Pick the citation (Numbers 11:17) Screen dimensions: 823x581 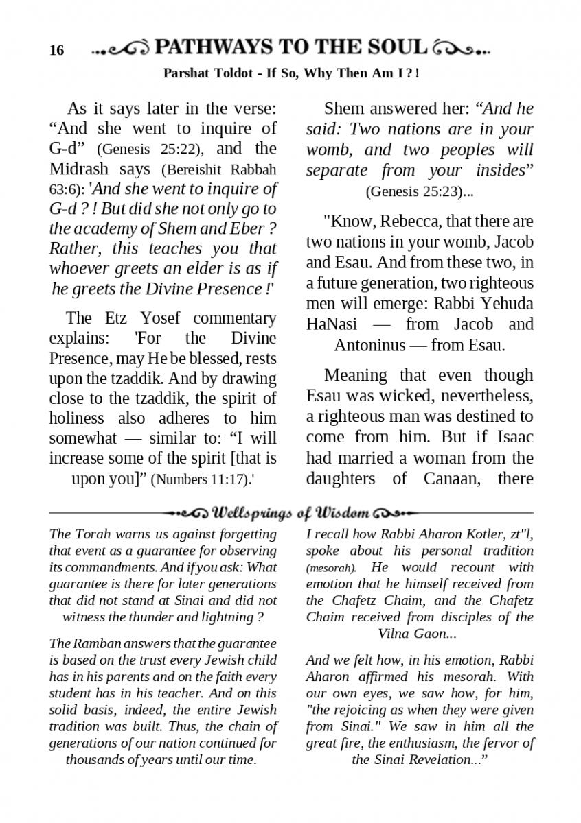(200, 479)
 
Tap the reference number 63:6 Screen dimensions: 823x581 (62, 189)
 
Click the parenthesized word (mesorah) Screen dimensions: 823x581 (331, 568)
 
